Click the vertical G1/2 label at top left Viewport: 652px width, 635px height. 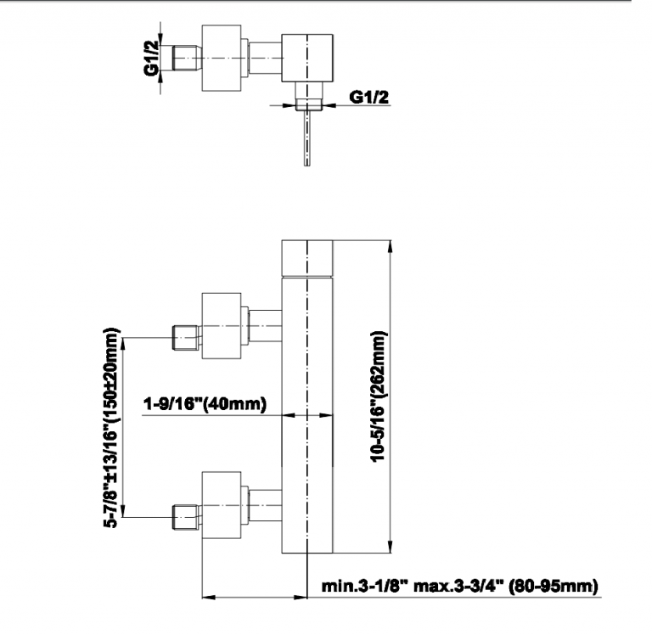(152, 59)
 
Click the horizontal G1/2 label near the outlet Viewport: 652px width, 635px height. (369, 97)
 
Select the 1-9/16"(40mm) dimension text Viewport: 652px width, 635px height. (205, 403)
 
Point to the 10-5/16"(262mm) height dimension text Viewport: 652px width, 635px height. (379, 396)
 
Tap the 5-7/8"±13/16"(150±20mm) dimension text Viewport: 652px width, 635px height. (111, 428)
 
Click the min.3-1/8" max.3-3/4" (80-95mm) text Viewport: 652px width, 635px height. (460, 586)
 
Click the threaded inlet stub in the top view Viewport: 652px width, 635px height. (187, 58)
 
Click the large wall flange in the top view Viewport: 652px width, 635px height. (222, 58)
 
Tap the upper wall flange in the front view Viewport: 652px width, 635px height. (222, 326)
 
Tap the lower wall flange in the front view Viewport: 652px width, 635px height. (222, 505)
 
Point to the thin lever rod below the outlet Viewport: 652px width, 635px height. (306, 138)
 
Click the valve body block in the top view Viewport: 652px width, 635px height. (307, 58)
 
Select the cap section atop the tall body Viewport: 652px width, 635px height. (307, 258)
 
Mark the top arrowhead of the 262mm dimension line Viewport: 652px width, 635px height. (390, 246)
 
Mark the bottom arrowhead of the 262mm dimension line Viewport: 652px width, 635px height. (390, 547)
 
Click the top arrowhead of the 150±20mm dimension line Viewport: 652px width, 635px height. (122, 344)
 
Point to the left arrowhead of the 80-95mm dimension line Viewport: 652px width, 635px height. (209, 598)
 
